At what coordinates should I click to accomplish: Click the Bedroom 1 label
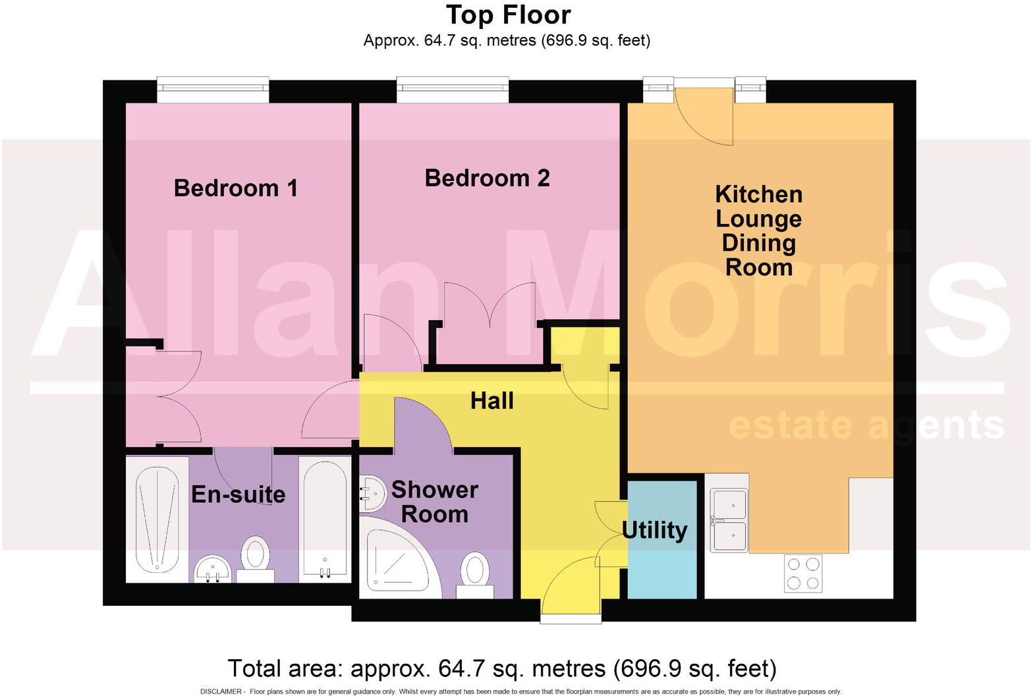[236, 188]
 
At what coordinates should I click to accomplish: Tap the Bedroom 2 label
[487, 178]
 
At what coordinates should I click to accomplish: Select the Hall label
[492, 400]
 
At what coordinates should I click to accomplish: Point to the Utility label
[655, 530]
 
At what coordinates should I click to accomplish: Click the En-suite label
[238, 495]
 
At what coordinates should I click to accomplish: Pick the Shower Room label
[435, 502]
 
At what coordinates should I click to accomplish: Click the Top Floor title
[508, 15]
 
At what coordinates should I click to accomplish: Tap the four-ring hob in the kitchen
[803, 574]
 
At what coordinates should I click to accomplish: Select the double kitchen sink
[729, 520]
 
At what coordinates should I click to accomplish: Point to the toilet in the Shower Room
[474, 572]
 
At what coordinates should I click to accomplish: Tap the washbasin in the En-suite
[213, 569]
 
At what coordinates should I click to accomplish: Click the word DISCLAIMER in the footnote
[221, 691]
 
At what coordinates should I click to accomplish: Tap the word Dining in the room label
[758, 243]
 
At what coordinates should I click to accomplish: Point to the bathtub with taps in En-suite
[324, 518]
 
